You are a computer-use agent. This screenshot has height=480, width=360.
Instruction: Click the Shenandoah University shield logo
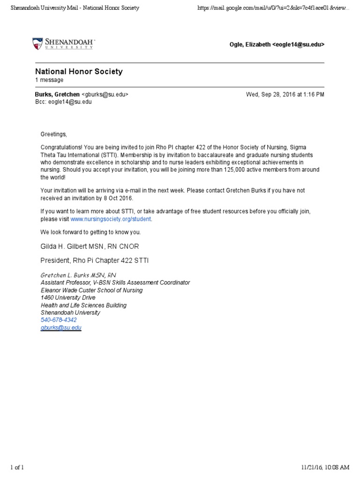tap(37, 44)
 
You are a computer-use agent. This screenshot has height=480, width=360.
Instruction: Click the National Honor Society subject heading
tap(79, 72)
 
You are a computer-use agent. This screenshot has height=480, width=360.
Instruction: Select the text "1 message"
tap(49, 80)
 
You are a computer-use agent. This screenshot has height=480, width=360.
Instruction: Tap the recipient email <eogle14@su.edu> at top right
tap(298, 45)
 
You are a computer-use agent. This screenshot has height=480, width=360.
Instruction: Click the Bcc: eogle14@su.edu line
tap(63, 102)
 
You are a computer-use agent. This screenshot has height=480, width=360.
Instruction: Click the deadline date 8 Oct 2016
tap(117, 198)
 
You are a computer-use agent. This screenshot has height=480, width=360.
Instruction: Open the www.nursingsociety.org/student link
tap(111, 219)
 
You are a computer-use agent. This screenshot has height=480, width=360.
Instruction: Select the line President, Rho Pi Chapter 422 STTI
tap(94, 260)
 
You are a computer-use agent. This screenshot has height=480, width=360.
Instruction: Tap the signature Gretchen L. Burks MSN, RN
tap(78, 275)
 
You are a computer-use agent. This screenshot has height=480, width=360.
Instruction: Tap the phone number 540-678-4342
tap(59, 320)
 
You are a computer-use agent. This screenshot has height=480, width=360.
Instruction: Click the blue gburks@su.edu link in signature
tap(61, 328)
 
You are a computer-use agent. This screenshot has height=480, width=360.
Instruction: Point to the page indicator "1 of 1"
tap(17, 467)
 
